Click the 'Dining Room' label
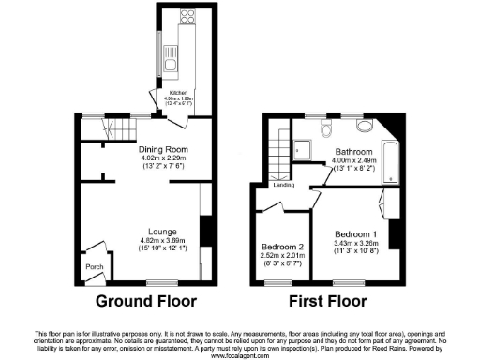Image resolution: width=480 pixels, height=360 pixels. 164,150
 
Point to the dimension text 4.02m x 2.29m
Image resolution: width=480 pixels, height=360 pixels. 164,158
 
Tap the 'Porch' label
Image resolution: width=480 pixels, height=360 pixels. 95,267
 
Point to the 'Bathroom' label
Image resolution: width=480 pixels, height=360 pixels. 355,152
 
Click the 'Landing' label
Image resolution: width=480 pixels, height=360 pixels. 284,184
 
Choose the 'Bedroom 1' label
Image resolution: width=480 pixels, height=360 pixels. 355,233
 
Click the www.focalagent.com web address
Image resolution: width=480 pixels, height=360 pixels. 240,355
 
